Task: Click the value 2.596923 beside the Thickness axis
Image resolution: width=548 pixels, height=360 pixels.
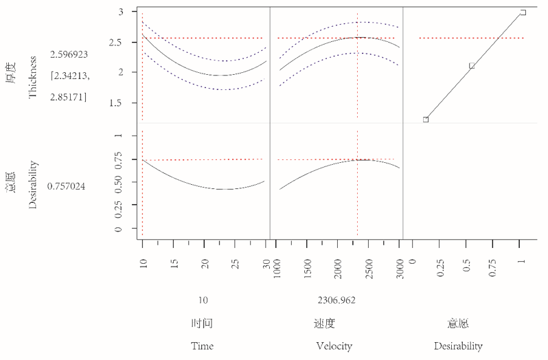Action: [x=69, y=54]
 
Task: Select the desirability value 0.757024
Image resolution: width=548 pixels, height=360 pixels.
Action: [x=67, y=186]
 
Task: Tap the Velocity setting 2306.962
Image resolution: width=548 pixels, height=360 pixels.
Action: [x=336, y=300]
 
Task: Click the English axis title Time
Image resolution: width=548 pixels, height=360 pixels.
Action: [x=203, y=346]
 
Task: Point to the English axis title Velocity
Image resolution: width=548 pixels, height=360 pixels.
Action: [x=334, y=346]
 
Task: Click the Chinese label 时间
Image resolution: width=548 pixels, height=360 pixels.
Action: [x=203, y=323]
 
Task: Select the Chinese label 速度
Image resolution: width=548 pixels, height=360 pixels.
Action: [x=334, y=323]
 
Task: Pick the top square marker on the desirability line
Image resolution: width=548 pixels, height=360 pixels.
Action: [x=523, y=12]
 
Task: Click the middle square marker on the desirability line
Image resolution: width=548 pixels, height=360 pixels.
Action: [x=472, y=66]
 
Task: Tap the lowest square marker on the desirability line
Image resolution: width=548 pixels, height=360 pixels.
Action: [x=426, y=120]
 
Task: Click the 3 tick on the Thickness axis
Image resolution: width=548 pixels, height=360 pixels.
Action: [x=120, y=12]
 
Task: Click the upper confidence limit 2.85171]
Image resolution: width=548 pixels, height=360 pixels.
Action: [x=69, y=98]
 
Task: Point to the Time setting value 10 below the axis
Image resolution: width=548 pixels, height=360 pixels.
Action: [x=203, y=300]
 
